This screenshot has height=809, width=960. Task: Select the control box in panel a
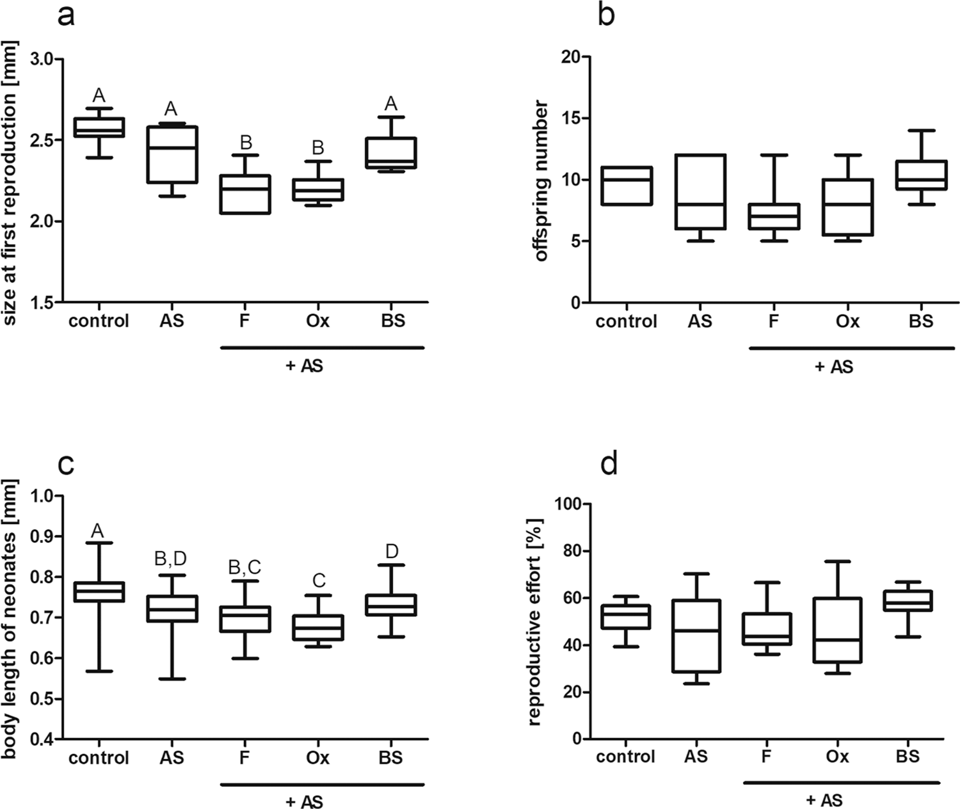point(99,127)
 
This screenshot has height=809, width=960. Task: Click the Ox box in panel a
point(318,189)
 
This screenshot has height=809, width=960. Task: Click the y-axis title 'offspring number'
point(541,180)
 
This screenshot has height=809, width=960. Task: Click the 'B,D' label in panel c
point(171,559)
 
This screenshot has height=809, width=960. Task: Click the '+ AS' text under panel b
point(834,367)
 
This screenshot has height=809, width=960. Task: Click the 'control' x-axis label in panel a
point(99,320)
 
